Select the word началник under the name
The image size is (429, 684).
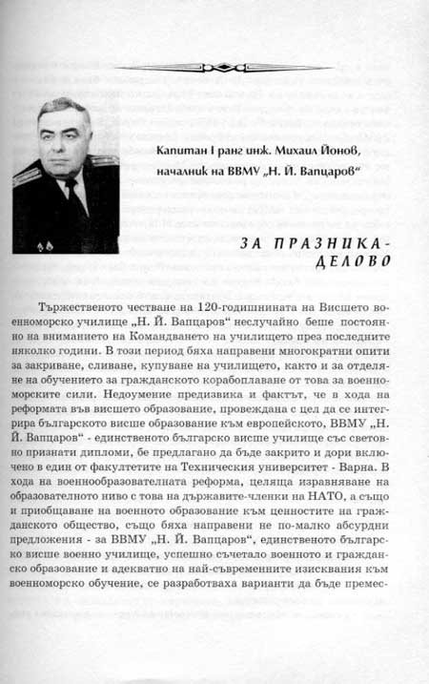point(194,175)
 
